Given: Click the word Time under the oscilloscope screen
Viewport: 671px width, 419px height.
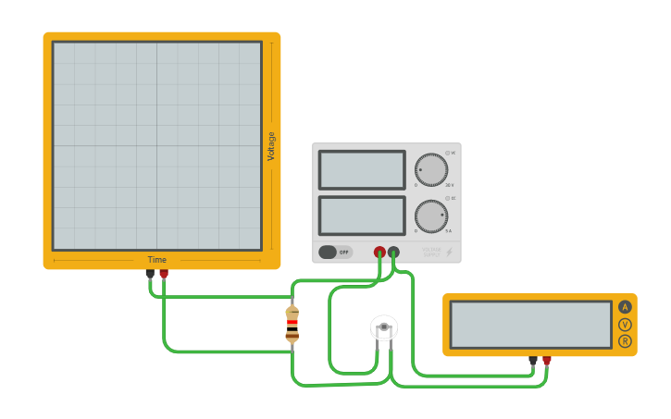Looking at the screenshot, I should point(157,260).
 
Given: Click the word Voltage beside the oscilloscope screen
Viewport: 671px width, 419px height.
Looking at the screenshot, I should point(271,146).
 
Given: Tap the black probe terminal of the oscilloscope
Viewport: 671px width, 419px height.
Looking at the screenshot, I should point(150,274).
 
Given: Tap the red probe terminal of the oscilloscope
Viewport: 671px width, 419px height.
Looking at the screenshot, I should point(164,274).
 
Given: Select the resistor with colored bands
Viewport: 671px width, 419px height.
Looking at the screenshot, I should point(292,325).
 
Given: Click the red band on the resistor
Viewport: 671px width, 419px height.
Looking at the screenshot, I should point(292,322).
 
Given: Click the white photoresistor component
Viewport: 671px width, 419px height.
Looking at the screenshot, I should point(384,327).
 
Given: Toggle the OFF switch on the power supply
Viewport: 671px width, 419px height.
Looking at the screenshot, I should point(335,252).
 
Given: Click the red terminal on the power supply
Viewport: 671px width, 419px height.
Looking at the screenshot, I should point(379,252).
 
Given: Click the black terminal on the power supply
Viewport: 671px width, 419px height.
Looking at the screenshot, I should point(394,252).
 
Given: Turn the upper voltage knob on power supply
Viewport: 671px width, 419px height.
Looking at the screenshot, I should point(431,170).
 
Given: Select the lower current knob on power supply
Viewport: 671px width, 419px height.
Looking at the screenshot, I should point(431,216).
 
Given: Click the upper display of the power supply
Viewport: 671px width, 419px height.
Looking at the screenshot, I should point(362,170).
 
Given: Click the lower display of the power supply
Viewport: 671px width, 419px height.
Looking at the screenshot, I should point(362,216).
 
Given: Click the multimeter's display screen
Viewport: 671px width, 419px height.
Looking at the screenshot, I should point(530,325).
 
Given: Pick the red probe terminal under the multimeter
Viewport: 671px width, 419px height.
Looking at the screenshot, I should point(547,361).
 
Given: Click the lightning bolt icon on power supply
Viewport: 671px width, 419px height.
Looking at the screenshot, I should point(450,252).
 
